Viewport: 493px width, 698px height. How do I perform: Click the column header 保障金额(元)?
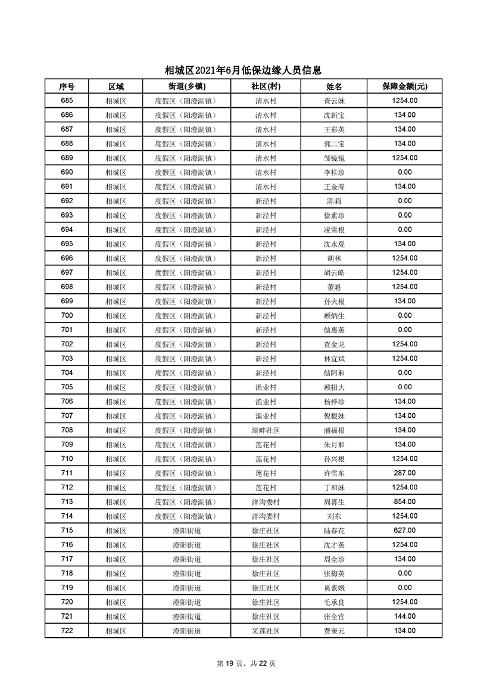tap(404, 86)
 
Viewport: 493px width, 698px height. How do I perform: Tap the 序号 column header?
tap(67, 86)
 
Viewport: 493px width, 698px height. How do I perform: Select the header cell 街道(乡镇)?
tap(185, 86)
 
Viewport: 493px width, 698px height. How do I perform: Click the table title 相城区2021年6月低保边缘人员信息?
tap(246, 70)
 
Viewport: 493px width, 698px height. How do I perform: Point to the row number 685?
tap(67, 101)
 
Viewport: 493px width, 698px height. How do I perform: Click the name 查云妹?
tap(333, 101)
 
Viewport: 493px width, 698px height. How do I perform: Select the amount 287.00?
tap(404, 473)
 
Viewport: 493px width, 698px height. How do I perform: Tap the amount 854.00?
tap(404, 502)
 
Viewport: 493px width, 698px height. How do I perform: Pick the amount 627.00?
tap(404, 531)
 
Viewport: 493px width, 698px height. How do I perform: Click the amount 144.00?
tap(404, 616)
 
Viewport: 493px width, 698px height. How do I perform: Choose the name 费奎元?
tap(333, 631)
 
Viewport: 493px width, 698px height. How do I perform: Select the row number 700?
tap(67, 315)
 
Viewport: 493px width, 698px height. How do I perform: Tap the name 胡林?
tap(333, 258)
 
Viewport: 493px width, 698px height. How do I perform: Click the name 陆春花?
tap(333, 531)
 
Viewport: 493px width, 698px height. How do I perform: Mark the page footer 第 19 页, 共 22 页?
tap(246, 663)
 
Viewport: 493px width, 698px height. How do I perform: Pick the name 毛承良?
tap(333, 602)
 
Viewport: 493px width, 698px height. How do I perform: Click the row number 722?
tap(67, 631)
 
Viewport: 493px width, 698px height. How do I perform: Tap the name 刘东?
tap(333, 516)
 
